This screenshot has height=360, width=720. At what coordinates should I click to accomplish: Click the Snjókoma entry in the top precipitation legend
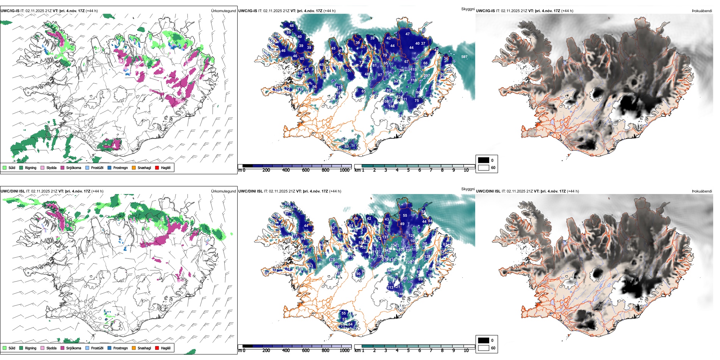pyautogui.click(x=74, y=167)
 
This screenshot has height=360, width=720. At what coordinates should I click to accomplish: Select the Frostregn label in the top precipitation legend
pyautogui.click(x=121, y=167)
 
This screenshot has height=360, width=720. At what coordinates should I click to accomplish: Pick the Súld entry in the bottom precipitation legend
pyautogui.click(x=12, y=348)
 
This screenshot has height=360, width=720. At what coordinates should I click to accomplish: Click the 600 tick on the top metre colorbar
pyautogui.click(x=305, y=170)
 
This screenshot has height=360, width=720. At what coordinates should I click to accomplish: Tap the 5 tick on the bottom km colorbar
pyautogui.click(x=408, y=351)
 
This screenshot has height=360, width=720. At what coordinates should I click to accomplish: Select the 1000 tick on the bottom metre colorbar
pyautogui.click(x=344, y=351)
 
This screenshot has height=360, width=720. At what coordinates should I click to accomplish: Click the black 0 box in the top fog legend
pyautogui.click(x=484, y=160)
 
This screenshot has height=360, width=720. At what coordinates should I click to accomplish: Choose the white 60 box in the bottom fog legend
pyautogui.click(x=484, y=348)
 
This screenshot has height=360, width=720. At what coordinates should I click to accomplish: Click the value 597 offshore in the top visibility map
pyautogui.click(x=464, y=57)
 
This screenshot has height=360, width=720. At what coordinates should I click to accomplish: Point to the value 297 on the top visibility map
pyautogui.click(x=427, y=76)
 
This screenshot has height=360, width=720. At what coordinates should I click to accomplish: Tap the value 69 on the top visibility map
pyautogui.click(x=289, y=33)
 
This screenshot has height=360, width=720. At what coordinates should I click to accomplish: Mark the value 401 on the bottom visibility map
pyautogui.click(x=405, y=279)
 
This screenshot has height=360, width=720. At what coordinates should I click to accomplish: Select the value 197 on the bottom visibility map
pyautogui.click(x=338, y=267)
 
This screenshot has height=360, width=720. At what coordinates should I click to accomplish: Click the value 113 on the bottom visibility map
pyautogui.click(x=390, y=288)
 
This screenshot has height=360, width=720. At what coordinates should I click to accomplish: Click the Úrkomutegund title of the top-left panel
pyautogui.click(x=223, y=11)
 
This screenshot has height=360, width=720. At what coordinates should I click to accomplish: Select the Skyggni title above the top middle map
pyautogui.click(x=468, y=9)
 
